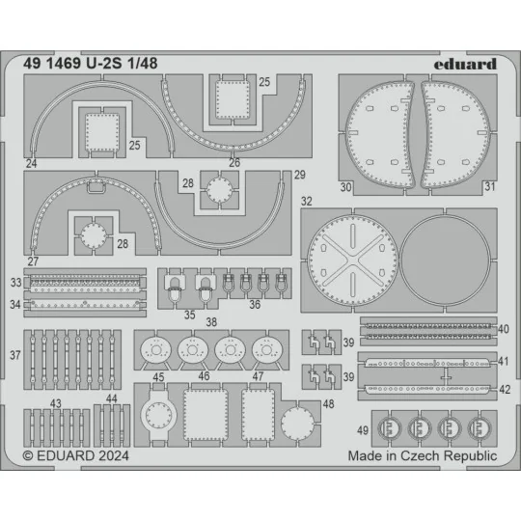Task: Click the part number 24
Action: (32, 164)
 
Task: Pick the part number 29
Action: (300, 174)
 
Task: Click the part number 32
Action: (307, 203)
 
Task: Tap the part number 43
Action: (57, 403)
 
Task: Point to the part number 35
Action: (189, 315)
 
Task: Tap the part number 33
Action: (15, 284)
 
